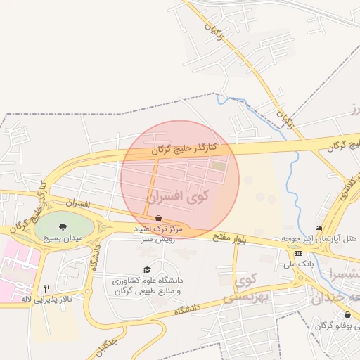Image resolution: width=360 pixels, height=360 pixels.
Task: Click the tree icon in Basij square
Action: (x=64, y=227)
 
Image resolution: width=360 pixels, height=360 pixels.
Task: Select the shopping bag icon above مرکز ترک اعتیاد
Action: (x=158, y=218)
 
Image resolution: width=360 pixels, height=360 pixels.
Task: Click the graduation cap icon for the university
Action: (x=147, y=270)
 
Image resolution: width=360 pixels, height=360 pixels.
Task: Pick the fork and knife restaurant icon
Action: (x=47, y=288)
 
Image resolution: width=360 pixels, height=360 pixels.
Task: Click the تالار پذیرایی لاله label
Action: (x=46, y=299)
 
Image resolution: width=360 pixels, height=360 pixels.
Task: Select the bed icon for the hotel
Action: (x=319, y=228)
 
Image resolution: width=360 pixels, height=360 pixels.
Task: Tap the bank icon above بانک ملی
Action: (x=298, y=253)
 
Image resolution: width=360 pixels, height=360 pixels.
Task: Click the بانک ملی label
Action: (x=298, y=264)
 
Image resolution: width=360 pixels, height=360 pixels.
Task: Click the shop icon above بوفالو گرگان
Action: (x=347, y=314)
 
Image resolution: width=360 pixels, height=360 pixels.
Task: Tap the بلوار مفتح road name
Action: (x=232, y=239)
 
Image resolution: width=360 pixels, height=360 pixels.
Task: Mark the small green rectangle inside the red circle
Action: (x=219, y=166)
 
